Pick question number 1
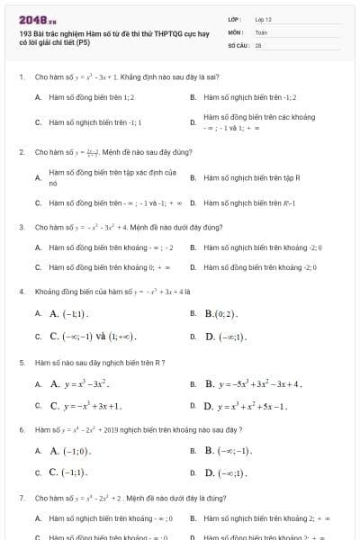(21, 77)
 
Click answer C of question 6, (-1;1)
(68, 472)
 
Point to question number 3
(21, 227)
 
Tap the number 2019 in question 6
(131, 430)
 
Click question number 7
(21, 497)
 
